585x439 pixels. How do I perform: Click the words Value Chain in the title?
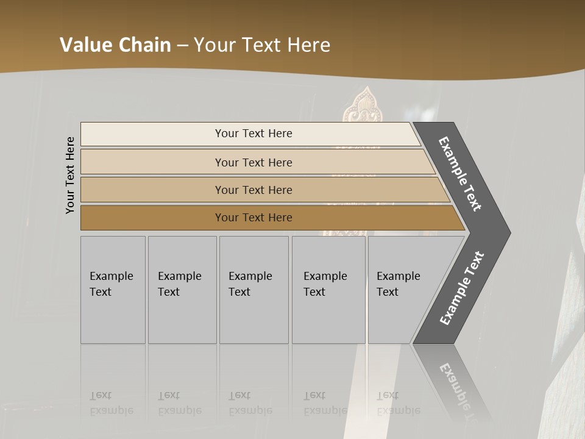(x=115, y=45)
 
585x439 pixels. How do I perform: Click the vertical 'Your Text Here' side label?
(x=70, y=175)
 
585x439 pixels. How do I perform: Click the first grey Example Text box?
(x=113, y=290)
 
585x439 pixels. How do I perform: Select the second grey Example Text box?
(x=182, y=290)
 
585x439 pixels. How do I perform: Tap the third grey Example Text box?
(x=253, y=290)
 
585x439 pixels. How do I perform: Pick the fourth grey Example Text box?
(x=328, y=290)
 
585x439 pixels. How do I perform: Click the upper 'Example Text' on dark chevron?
(x=460, y=174)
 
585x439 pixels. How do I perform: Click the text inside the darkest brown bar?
(x=253, y=218)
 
